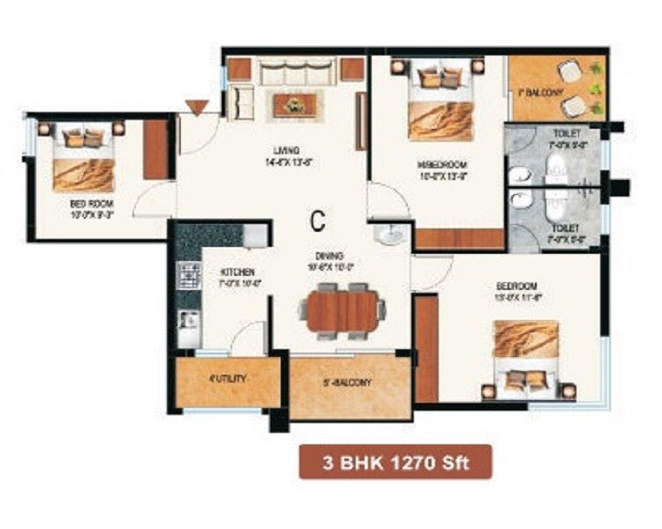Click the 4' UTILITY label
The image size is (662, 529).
pyautogui.click(x=227, y=379)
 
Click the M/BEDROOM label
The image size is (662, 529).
pyautogui.click(x=441, y=165)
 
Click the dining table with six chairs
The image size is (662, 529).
pyautogui.click(x=342, y=310)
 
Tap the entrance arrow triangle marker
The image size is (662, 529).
pyautogui.click(x=198, y=107)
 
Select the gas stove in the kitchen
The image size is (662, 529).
pyautogui.click(x=188, y=276)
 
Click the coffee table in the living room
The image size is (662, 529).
pyautogui.click(x=290, y=104)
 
